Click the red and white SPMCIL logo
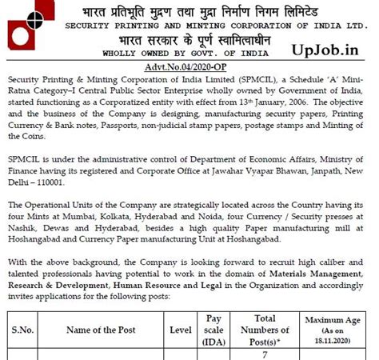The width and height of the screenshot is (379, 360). pyautogui.click(x=25, y=30)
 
